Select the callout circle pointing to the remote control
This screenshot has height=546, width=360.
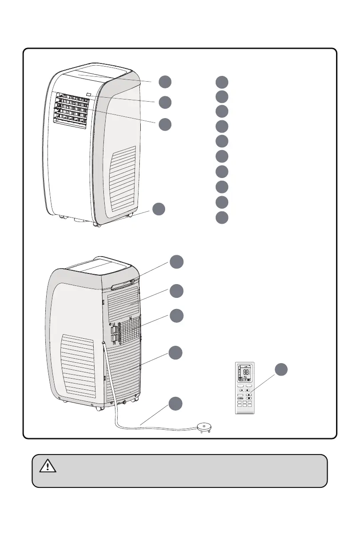click(280, 370)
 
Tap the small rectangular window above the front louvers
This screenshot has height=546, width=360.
click(89, 94)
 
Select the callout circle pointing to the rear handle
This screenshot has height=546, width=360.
click(176, 261)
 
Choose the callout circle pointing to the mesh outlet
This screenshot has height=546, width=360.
click(176, 316)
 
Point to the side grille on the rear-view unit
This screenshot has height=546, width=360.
click(78, 366)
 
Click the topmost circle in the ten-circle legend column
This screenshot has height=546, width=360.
click(222, 82)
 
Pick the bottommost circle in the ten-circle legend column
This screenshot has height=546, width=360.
click(222, 218)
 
